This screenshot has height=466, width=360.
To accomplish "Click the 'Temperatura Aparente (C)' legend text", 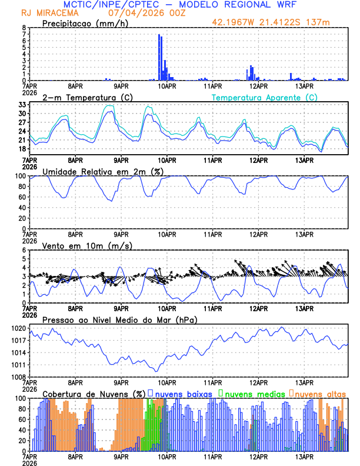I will click(x=264, y=97).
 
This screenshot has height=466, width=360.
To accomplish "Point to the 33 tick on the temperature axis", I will click(x=21, y=104).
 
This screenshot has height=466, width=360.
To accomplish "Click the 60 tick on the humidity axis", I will click(x=21, y=197).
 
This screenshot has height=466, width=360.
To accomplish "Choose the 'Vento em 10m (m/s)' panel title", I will click(x=79, y=245).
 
